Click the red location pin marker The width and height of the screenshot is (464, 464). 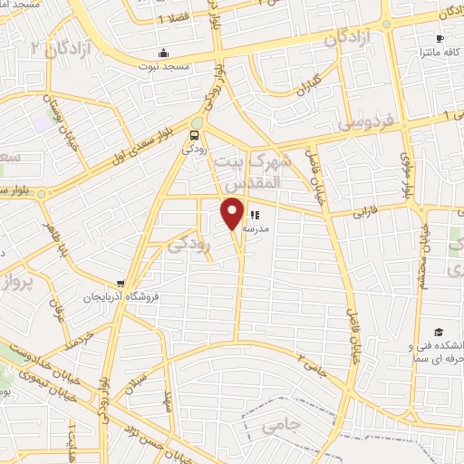232,214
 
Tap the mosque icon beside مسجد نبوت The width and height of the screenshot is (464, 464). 163,53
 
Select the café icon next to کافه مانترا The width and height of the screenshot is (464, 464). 440,38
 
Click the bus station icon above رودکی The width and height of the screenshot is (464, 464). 193,135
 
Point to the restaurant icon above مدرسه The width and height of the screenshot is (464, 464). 256,216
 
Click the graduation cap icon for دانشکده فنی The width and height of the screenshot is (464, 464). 439,333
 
